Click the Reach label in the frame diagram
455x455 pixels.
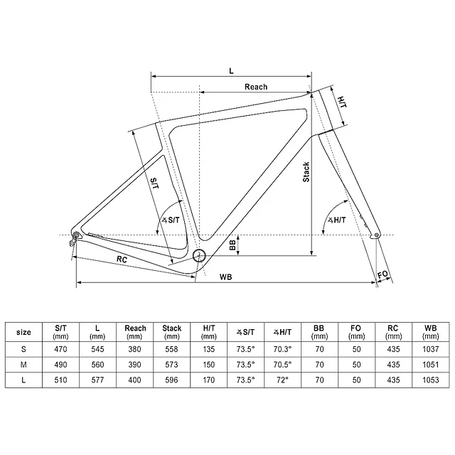pos(256,87)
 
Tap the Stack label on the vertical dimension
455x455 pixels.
pos(306,173)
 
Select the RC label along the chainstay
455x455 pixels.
pos(122,259)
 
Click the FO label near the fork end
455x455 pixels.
pos(383,274)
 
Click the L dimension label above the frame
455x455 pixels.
pos(232,70)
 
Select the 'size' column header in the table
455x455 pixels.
pos(23,332)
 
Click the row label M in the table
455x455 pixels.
pos(23,365)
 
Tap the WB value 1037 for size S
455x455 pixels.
pos(429,349)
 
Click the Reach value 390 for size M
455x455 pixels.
pos(135,365)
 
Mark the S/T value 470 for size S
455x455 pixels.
pos(60,349)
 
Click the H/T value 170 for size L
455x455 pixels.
pos(209,381)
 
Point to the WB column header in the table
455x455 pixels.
pos(429,332)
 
